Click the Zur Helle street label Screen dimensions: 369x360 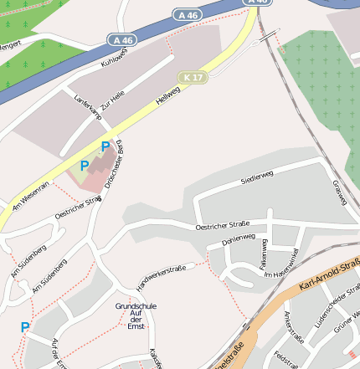111,104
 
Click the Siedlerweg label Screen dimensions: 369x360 257,177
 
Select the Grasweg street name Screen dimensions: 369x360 339,193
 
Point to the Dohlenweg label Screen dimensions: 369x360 238,239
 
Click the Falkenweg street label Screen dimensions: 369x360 263,251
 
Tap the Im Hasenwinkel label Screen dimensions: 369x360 281,263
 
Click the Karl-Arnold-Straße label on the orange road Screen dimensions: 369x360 330,279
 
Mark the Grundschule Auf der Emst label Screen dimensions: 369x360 136,315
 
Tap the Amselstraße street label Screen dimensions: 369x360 294,326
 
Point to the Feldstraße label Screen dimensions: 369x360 286,356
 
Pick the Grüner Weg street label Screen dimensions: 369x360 347,323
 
